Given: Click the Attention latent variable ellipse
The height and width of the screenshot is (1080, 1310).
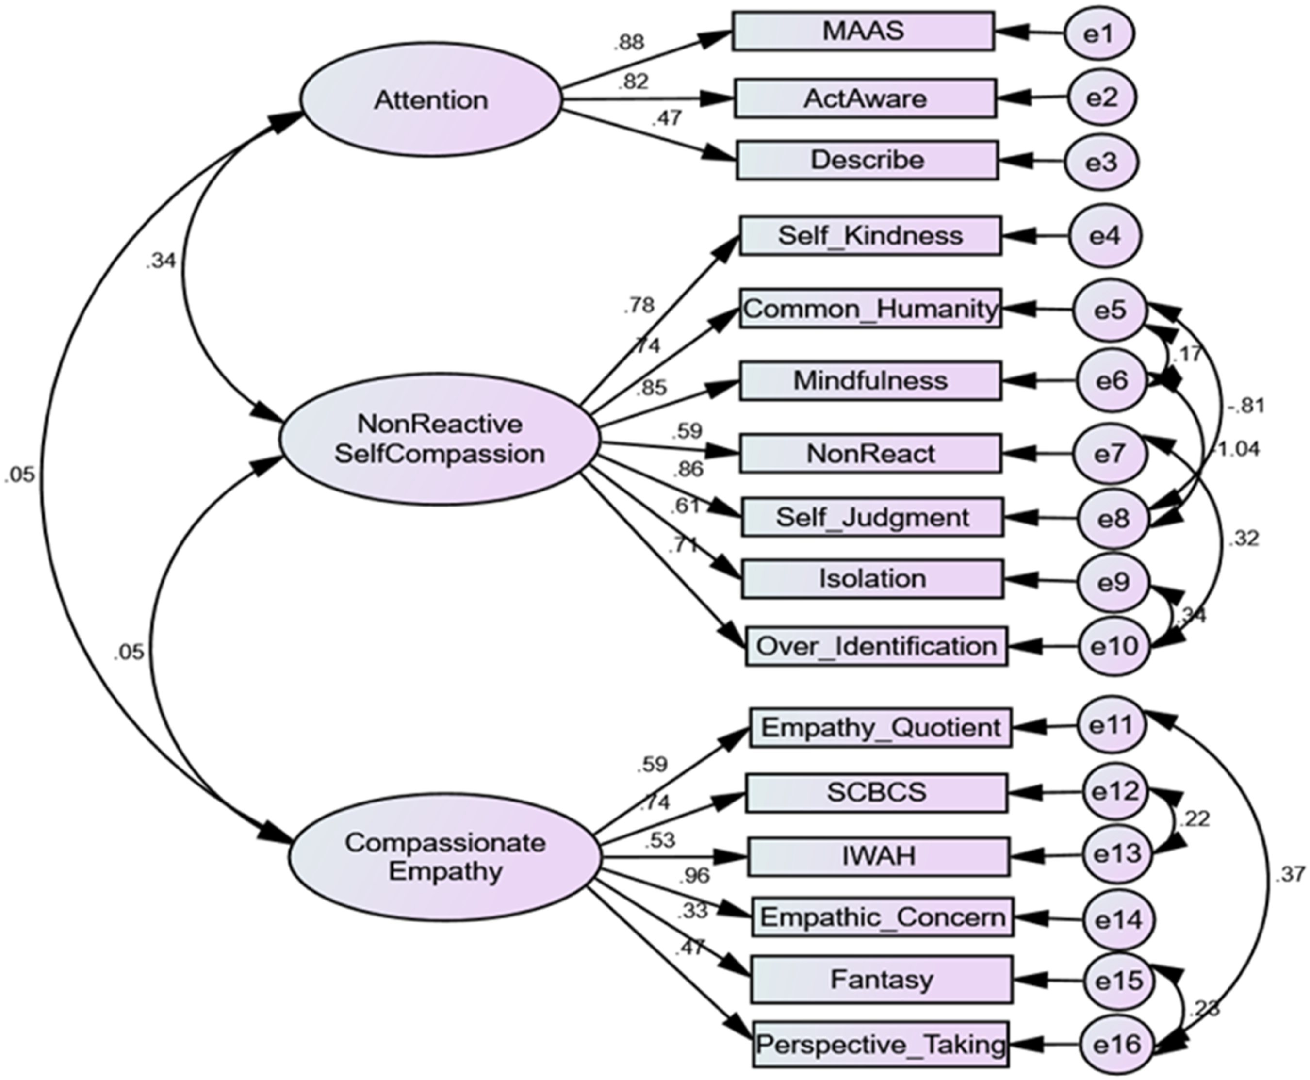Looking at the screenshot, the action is [x=431, y=99].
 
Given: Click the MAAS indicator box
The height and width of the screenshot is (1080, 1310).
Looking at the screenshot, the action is [x=863, y=31].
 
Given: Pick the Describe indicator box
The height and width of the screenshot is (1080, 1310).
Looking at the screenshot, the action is [x=867, y=161].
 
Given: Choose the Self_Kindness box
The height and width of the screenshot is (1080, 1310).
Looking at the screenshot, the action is [x=870, y=236].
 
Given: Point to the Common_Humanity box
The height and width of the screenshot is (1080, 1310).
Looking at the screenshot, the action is [x=870, y=308].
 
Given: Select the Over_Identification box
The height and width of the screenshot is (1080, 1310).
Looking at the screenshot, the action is [x=876, y=646].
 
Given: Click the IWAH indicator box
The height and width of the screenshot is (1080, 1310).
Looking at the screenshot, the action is [x=878, y=857].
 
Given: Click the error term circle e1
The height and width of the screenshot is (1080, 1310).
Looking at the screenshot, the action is [x=1099, y=34].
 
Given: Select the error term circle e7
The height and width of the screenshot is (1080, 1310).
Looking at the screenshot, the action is [x=1110, y=454].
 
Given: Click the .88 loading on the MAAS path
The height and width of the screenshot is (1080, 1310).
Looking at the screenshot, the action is [x=628, y=42].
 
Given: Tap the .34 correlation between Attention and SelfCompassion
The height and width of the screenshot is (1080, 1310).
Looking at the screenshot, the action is [x=161, y=262].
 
